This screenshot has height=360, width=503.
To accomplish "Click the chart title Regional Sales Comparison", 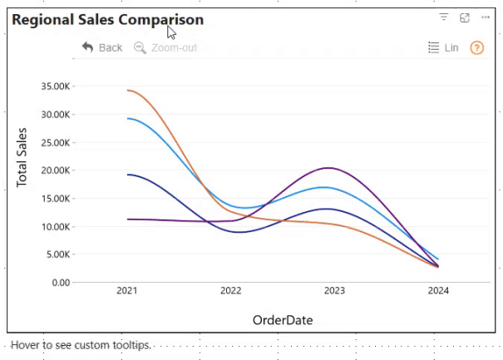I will (x=107, y=19).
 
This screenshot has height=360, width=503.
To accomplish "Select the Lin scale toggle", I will (x=443, y=47).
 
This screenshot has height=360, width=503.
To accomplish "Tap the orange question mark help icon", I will (x=476, y=47).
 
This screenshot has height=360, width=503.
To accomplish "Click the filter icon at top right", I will (x=444, y=17).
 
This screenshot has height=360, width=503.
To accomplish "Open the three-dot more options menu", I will (x=486, y=17).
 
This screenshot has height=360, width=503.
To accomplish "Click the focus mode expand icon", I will (x=465, y=17).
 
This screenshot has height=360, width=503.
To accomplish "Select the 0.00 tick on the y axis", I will (x=59, y=282).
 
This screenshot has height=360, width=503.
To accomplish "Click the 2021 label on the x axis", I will (x=127, y=291).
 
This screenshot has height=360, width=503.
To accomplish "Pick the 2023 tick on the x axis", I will (x=334, y=291).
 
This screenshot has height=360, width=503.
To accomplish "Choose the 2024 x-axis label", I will (x=438, y=291).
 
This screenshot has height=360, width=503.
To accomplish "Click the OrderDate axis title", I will (x=283, y=319).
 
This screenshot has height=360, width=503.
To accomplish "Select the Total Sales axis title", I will (x=22, y=156).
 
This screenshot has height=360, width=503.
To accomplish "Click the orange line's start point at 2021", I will (x=127, y=90).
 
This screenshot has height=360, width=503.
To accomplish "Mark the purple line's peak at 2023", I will (x=330, y=168).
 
